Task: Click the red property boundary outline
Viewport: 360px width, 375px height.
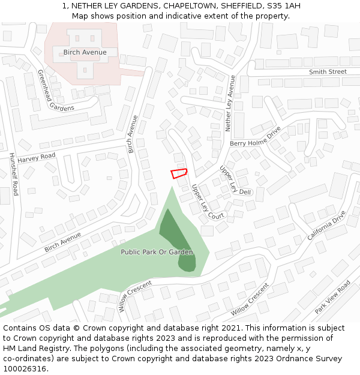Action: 179,173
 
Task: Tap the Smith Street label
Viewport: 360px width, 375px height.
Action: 328,72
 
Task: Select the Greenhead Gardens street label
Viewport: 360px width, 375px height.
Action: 56,90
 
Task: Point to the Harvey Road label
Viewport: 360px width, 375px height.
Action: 36,158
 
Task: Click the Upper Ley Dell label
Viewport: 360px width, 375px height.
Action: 235,181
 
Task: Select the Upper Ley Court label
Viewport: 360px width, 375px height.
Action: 208,202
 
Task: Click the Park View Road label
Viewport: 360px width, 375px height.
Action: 332,297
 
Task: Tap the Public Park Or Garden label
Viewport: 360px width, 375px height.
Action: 157,252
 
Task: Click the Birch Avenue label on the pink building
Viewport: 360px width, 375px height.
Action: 85,52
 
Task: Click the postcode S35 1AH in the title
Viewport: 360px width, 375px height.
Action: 282,6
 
